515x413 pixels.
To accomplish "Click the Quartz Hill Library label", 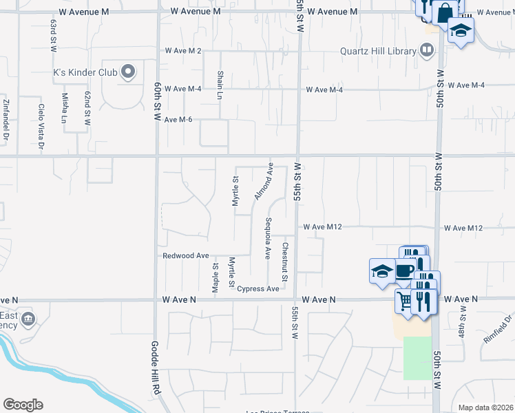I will pos(378,51).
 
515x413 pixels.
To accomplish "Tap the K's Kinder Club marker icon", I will pos(127,72).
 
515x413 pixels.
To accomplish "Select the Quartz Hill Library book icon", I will pos(427,50).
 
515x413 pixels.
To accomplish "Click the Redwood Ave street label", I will pos(185,255).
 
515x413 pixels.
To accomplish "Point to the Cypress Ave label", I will pos(258,288).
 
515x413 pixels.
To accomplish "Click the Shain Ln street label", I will pos(220,84).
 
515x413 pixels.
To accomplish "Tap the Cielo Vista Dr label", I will pos(41,127).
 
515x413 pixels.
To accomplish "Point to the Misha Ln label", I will pos(65,108).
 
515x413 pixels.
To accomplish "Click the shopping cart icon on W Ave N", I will pos(405,300).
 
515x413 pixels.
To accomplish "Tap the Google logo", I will pos(23,405).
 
